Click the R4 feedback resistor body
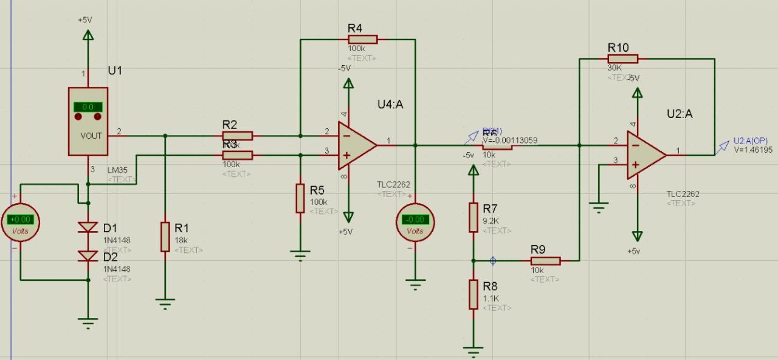pyautogui.click(x=363, y=40)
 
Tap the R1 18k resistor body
pyautogui.click(x=165, y=237)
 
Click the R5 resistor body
pyautogui.click(x=300, y=198)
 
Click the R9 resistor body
pyautogui.click(x=545, y=261)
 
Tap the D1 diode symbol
pyautogui.click(x=89, y=227)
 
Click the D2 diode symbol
pyautogui.click(x=89, y=257)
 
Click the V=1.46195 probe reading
pyautogui.click(x=753, y=149)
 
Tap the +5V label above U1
pyautogui.click(x=85, y=19)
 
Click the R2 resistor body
pyautogui.click(x=238, y=136)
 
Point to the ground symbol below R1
pyautogui.click(x=165, y=302)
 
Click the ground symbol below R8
pyautogui.click(x=473, y=350)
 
